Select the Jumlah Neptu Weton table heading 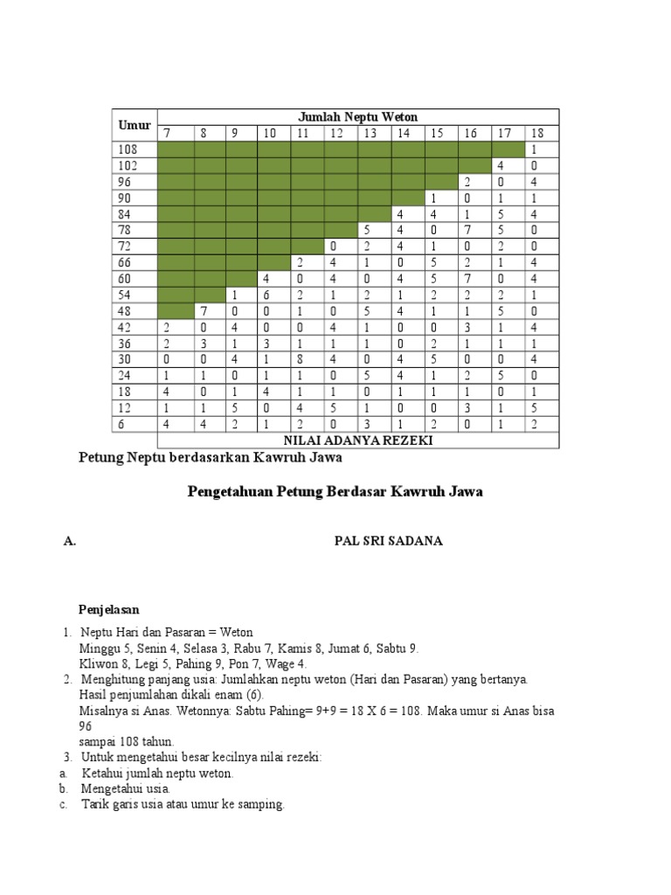[357, 116]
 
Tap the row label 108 [128, 149]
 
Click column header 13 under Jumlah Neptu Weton [370, 133]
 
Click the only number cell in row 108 [532, 149]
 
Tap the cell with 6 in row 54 [266, 295]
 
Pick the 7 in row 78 [468, 230]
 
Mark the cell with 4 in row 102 [501, 165]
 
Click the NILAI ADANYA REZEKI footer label [357, 441]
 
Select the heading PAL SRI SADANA [389, 541]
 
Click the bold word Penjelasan [110, 608]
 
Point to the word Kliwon [98, 664]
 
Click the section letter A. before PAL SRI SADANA [70, 541]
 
